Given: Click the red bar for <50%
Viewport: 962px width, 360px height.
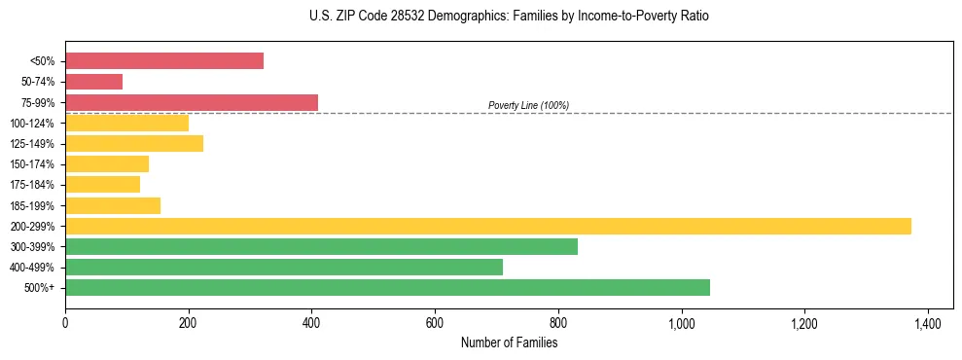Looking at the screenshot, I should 164,61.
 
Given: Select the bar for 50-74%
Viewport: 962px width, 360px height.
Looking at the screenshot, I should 94,82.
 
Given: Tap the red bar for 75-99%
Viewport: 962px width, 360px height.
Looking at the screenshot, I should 192,102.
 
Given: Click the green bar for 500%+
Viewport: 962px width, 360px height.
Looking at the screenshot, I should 387,287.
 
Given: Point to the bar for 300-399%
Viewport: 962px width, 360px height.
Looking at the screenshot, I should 321,246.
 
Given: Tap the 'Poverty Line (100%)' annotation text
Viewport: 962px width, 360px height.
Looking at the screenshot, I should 528,105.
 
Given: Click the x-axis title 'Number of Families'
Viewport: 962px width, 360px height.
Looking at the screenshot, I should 509,342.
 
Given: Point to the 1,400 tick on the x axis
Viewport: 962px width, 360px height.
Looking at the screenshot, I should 928,323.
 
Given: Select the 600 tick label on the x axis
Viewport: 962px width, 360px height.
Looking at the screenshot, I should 435,323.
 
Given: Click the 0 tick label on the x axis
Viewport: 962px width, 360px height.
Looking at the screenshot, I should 65,323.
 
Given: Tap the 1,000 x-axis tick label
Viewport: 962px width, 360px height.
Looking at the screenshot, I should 681,323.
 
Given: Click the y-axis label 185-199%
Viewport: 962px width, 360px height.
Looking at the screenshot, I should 32,206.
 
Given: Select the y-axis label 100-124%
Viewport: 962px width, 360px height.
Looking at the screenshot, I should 32,124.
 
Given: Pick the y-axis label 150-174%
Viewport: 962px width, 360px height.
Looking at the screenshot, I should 32,164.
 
